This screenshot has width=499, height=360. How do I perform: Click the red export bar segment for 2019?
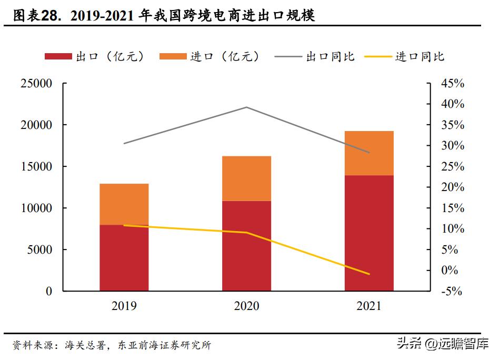click(x=124, y=258)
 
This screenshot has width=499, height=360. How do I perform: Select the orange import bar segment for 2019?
click(x=124, y=204)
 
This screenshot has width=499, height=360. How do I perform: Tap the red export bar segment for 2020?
click(x=246, y=246)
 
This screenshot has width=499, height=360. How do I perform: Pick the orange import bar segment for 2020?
click(x=246, y=178)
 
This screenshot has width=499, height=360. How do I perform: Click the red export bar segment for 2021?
click(x=369, y=233)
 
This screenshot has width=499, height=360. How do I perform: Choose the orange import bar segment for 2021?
click(x=369, y=153)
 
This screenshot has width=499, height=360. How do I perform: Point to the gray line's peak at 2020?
click(x=246, y=107)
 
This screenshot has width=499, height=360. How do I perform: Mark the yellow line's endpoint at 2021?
click(x=369, y=274)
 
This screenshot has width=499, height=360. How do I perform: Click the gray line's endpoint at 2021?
click(x=369, y=153)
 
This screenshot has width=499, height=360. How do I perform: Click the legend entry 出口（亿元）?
click(x=95, y=56)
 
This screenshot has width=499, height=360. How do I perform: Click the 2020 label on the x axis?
click(x=246, y=306)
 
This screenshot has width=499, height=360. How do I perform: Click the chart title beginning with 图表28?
click(x=164, y=16)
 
